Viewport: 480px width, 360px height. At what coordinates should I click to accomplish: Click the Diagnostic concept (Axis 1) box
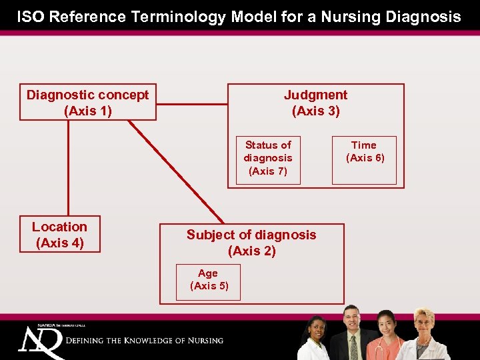click(x=88, y=103)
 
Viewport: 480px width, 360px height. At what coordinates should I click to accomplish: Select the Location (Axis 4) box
click(x=59, y=235)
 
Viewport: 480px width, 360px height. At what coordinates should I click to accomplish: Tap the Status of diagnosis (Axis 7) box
click(x=267, y=158)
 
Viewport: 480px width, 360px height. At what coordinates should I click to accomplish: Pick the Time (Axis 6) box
click(x=364, y=160)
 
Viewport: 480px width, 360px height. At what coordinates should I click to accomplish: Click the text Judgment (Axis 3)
click(x=315, y=103)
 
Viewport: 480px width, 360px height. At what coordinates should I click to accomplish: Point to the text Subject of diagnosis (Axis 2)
click(x=251, y=243)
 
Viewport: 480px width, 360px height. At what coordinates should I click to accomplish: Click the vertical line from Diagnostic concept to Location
click(x=67, y=167)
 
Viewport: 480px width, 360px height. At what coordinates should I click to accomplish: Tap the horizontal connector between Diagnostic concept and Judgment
click(x=192, y=103)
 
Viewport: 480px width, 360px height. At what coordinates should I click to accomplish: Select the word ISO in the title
click(x=31, y=17)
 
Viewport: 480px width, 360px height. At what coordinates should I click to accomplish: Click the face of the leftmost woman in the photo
click(x=316, y=327)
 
